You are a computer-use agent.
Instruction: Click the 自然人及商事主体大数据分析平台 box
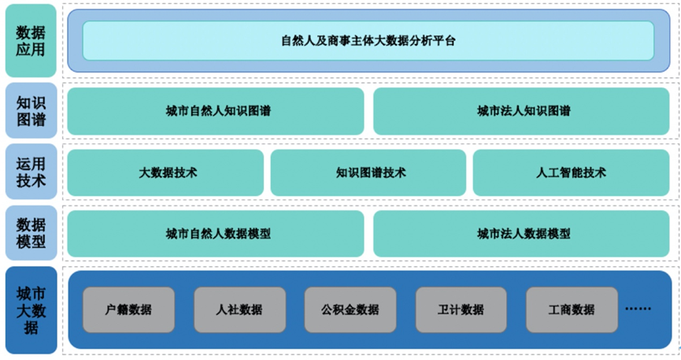368,41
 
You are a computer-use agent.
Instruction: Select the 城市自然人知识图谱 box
216,111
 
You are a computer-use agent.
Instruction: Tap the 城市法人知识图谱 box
524,111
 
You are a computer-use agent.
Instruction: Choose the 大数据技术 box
167,173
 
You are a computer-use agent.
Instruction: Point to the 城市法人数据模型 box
524,234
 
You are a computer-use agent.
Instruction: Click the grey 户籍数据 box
129,310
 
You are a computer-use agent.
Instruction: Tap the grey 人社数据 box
239,310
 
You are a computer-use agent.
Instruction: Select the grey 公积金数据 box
350,310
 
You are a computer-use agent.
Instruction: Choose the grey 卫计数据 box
461,310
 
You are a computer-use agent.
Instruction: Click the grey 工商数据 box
572,310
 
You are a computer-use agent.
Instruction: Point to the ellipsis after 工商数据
638,309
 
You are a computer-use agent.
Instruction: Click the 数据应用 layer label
31,41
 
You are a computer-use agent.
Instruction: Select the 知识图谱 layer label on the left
31,111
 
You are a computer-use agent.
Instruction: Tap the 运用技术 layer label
31,173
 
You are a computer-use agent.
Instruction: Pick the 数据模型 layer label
31,234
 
